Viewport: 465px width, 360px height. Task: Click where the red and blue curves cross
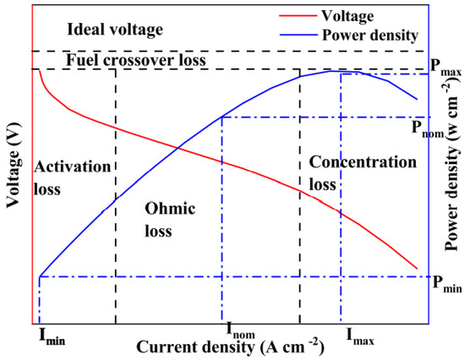(x=178, y=150)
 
